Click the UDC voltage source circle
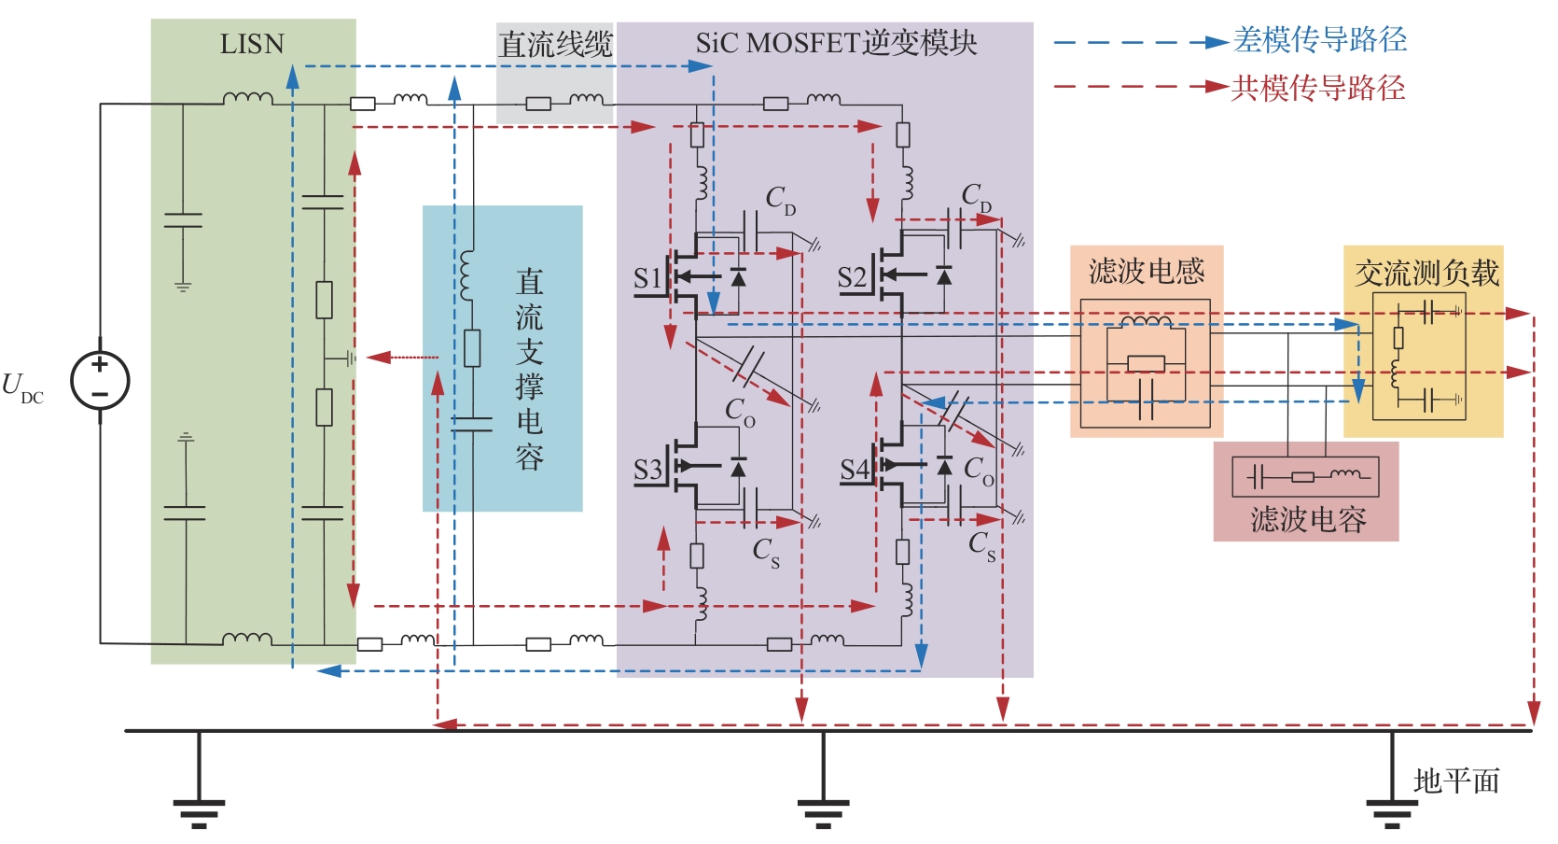100,380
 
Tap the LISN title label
251,44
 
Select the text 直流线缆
555,44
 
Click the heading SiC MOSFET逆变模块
836,43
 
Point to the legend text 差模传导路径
1319,39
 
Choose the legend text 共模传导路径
1317,88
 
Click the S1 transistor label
647,278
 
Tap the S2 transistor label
851,278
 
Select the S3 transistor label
647,470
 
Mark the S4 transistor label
854,470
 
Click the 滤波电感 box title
1147,272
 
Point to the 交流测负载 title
1426,273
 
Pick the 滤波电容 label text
1307,519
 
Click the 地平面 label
1455,781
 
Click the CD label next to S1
780,200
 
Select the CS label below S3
765,551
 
